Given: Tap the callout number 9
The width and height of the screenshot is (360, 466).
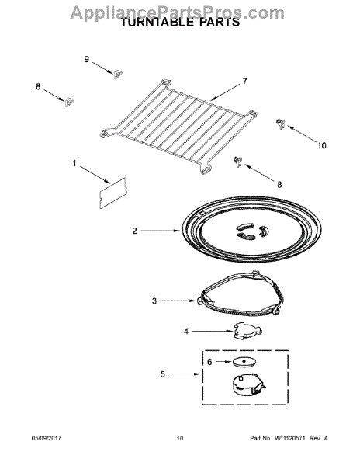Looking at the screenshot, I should click(87, 59).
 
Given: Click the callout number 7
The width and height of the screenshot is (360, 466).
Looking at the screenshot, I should click(244, 81).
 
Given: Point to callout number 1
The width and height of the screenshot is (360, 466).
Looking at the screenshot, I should click(75, 164).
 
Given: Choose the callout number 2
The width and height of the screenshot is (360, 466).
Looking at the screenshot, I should click(134, 231).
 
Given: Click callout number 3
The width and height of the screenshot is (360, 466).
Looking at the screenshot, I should click(154, 301).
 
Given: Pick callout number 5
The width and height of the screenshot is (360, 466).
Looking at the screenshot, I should click(162, 374).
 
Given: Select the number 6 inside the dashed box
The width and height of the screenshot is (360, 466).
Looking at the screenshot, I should click(209, 362).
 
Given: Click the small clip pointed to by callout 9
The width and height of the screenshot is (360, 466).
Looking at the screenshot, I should click(118, 73).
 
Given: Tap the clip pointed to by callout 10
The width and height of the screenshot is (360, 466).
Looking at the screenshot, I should click(280, 123).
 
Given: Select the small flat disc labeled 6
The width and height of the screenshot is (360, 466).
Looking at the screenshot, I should click(244, 361).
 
